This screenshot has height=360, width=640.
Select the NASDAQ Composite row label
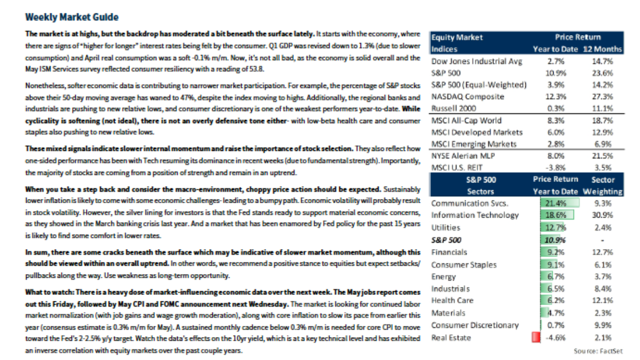pos(467,97)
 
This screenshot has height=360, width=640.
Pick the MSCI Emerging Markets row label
pos(474,144)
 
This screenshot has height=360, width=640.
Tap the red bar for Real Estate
pos(534,337)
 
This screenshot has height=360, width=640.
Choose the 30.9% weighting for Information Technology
pos(603,215)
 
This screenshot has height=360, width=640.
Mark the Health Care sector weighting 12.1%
pos(603,301)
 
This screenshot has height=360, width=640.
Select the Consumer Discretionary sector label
pos(475,325)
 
